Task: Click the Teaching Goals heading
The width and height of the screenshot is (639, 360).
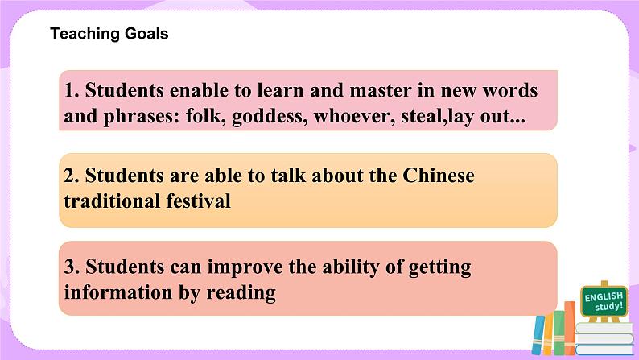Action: pos(109,34)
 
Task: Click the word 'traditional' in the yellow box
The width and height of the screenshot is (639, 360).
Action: pos(109,201)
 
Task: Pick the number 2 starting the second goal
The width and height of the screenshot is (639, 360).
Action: pos(69,176)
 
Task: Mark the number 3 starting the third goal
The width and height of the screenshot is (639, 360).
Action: pos(69,266)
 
